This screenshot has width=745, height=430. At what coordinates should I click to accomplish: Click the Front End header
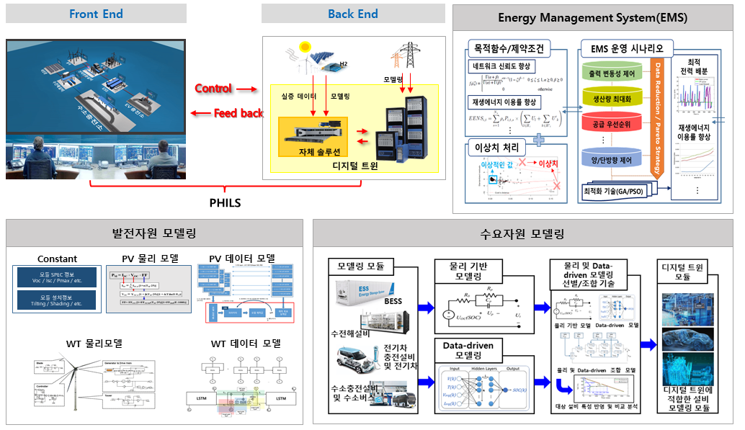pyautogui.click(x=96, y=14)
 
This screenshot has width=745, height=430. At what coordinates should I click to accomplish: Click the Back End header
pyautogui.click(x=352, y=14)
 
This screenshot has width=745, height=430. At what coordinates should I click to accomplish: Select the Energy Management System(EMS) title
pyautogui.click(x=592, y=18)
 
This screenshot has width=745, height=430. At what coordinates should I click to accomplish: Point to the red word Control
pyautogui.click(x=213, y=89)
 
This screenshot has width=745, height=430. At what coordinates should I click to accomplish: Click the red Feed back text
pyautogui.click(x=238, y=113)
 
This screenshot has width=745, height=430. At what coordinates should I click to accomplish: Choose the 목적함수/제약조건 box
pyautogui.click(x=509, y=49)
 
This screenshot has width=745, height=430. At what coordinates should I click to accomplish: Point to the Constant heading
pyautogui.click(x=58, y=259)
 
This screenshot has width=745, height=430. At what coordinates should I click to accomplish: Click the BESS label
pyautogui.click(x=393, y=300)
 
